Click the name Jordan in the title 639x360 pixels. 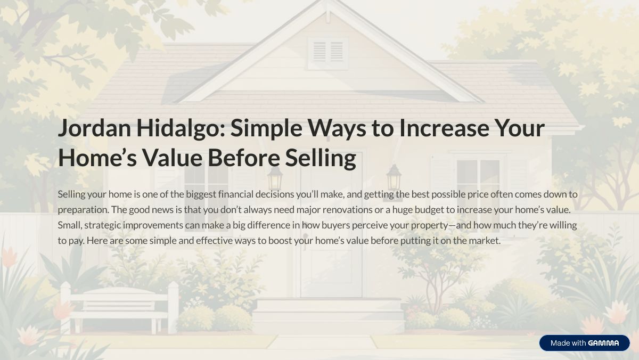pyautogui.click(x=94, y=128)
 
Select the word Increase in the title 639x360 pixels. pyautogui.click(x=444, y=128)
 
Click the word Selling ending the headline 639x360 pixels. pyautogui.click(x=321, y=158)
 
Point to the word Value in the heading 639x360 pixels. pyautogui.click(x=172, y=158)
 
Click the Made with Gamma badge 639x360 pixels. pyautogui.click(x=584, y=343)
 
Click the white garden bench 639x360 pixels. pyautogui.click(x=119, y=308)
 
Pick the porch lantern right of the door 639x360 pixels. pyautogui.click(x=394, y=177)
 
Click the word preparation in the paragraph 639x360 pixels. pyautogui.click(x=83, y=210)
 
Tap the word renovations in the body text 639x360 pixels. pyautogui.click(x=347, y=210)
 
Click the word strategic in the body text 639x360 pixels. pyautogui.click(x=102, y=225)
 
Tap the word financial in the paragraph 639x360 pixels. pyautogui.click(x=235, y=194)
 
